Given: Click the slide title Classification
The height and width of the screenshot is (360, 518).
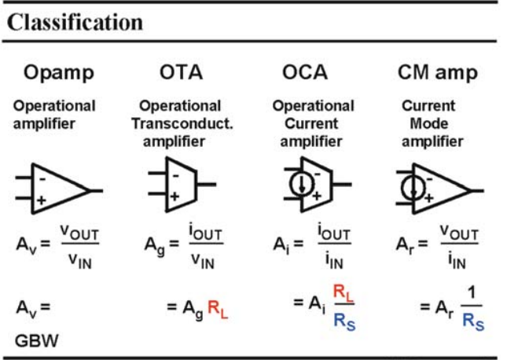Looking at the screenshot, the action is [75, 23].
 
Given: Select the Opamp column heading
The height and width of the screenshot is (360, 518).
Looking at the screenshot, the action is [59, 72].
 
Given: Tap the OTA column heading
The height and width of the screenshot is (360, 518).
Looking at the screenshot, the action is [181, 72].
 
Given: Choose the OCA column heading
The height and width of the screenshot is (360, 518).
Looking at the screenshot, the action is [304, 72].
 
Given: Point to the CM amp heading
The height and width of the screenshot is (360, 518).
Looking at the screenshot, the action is [437, 72].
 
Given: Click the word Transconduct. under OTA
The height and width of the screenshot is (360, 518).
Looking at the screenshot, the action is [182, 123].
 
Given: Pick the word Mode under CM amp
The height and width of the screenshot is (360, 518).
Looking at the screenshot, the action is [429, 123].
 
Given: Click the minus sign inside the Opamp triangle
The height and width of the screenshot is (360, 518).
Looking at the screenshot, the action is [42, 179].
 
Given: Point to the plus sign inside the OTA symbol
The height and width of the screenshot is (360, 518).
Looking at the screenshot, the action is [175, 197].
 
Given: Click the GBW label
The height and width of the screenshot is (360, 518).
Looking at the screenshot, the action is [37, 340].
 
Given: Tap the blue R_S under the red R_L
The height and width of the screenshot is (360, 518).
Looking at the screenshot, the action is [344, 321].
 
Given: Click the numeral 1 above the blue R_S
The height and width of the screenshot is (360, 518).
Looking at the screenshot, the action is [472, 292].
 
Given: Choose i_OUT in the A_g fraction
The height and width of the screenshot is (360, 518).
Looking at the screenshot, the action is [205, 232].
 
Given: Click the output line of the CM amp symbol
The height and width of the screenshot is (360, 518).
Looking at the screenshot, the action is [476, 190].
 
